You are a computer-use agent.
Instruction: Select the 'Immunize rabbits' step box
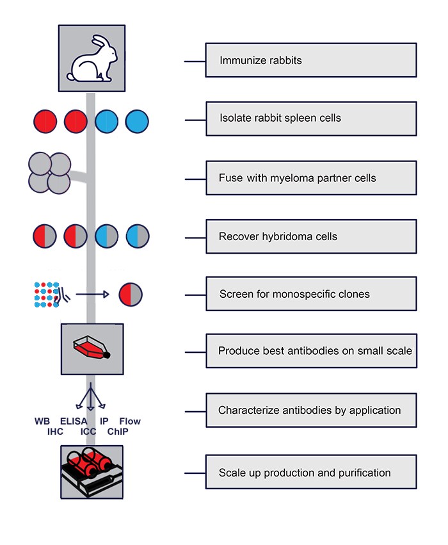click(x=311, y=60)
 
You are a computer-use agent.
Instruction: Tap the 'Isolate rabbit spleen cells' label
click(x=311, y=118)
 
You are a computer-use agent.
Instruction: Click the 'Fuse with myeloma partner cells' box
click(x=311, y=177)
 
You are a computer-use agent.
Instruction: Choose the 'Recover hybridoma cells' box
click(x=311, y=236)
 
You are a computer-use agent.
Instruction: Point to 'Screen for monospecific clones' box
click(x=311, y=294)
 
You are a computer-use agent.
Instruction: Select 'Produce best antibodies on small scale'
click(x=311, y=351)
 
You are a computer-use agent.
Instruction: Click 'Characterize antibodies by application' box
click(x=311, y=410)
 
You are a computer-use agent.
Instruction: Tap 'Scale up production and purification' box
click(x=311, y=473)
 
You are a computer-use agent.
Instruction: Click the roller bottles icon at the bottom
click(x=91, y=472)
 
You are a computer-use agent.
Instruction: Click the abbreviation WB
click(x=42, y=421)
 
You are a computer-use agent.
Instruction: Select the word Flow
click(x=130, y=421)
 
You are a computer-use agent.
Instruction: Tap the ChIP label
click(x=118, y=432)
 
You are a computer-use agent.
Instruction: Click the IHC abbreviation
click(x=56, y=432)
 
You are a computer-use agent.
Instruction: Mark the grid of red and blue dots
click(x=47, y=293)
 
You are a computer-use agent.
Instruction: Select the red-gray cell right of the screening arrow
click(x=131, y=295)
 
